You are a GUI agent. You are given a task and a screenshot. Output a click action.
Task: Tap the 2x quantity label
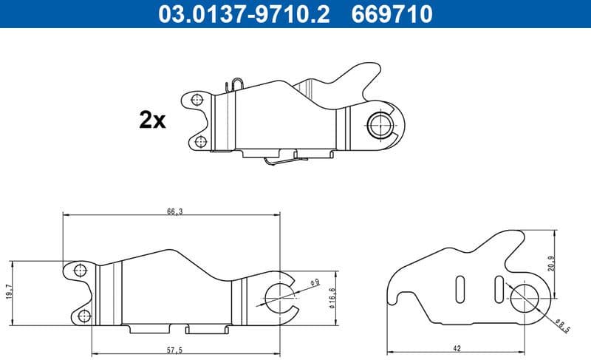[x=152, y=120]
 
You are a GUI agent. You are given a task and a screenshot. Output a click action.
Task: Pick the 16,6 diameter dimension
[x=332, y=296]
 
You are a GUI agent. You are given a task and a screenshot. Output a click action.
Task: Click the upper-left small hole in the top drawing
[x=196, y=100]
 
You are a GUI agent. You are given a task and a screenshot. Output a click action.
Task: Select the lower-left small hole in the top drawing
[x=201, y=142]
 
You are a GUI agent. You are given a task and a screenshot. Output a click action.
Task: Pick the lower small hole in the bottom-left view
[x=83, y=316]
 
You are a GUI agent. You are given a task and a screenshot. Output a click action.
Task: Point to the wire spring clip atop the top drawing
[x=236, y=85]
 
